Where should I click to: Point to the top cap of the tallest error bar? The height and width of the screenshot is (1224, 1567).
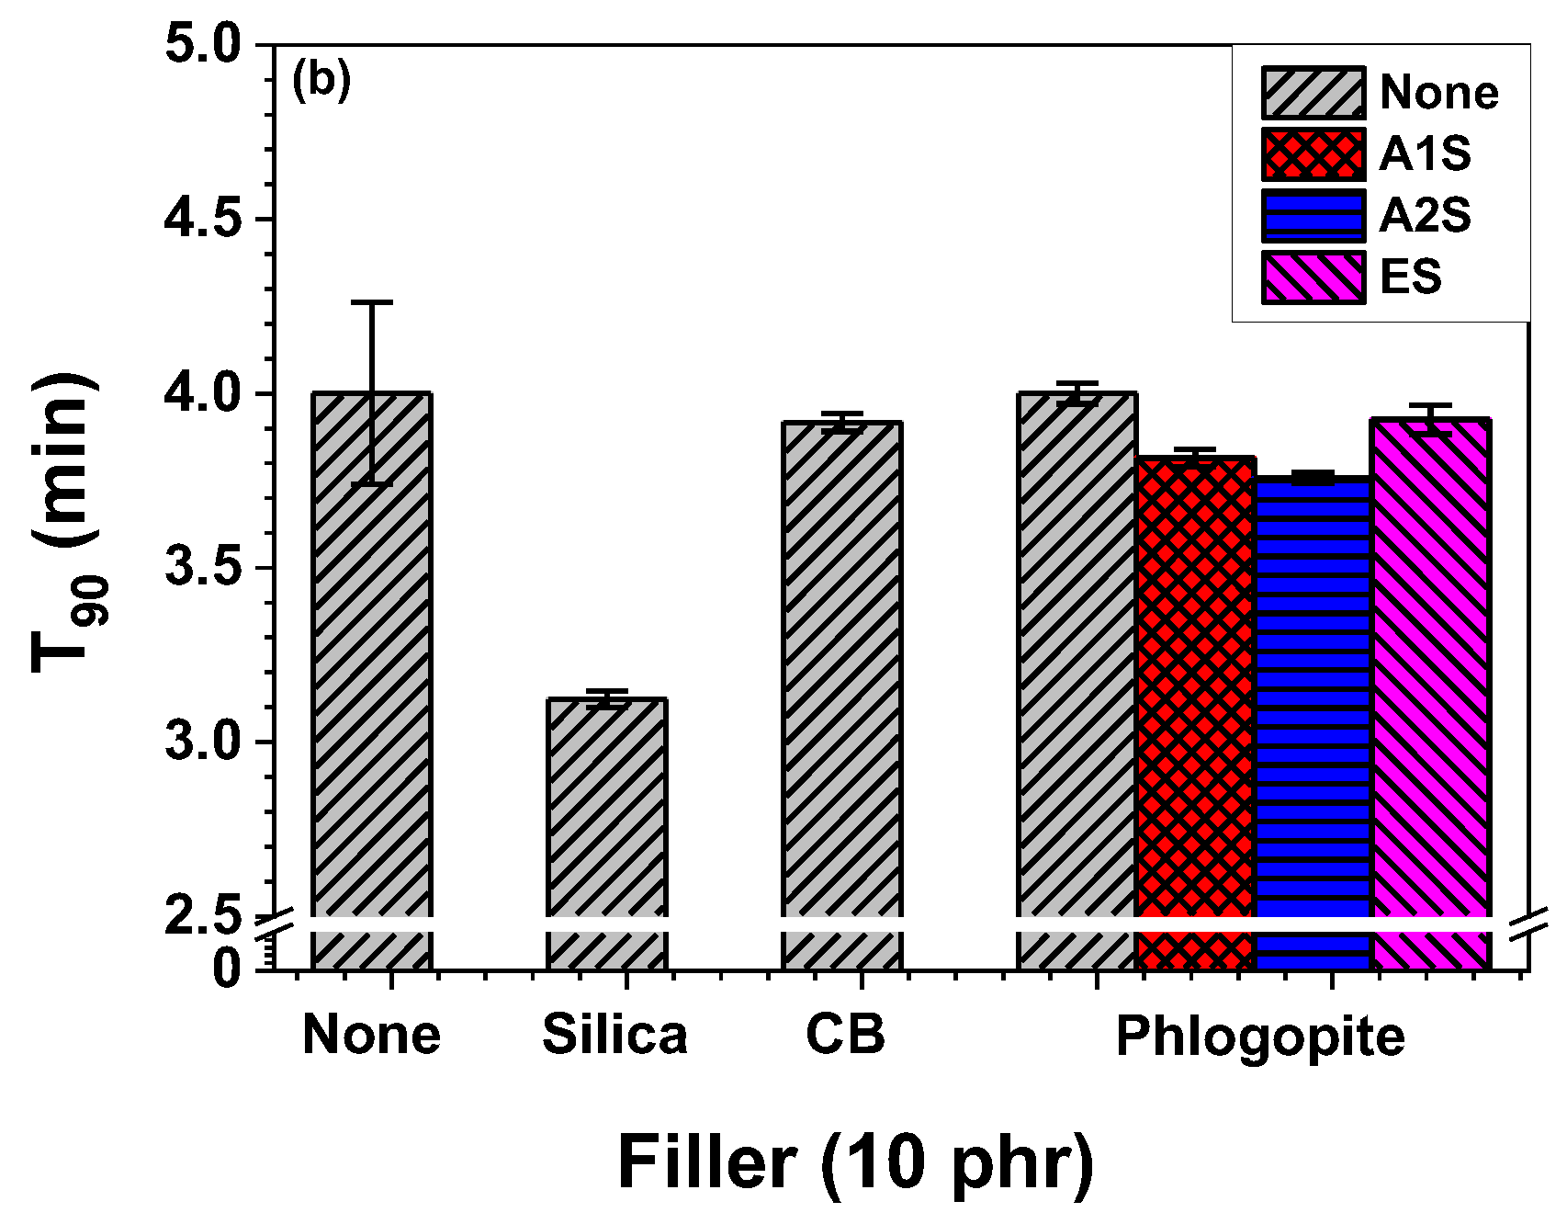(372, 301)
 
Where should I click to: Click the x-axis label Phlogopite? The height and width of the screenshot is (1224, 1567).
(1260, 1037)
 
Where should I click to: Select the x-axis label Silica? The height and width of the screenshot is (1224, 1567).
(614, 1034)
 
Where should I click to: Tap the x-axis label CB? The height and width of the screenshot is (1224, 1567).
(845, 1034)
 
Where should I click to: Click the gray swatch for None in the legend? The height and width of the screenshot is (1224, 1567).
(1313, 92)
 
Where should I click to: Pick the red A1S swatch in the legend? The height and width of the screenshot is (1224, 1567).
(1313, 153)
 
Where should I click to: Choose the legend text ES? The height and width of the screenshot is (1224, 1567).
(1411, 277)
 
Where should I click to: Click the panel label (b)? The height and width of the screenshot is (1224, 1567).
(321, 81)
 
